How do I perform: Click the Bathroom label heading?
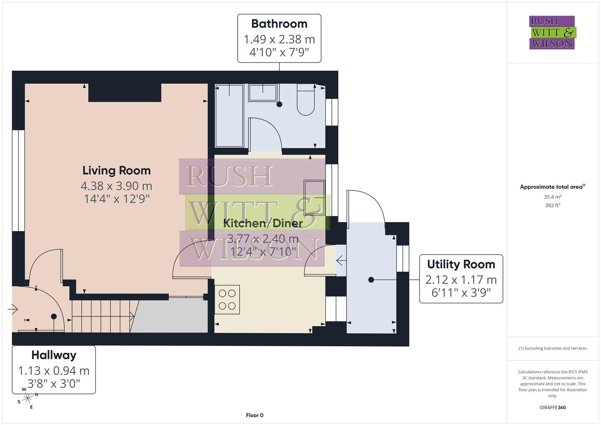279,24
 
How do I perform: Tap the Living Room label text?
117,170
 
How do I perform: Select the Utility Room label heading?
461,264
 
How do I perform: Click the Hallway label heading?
54,355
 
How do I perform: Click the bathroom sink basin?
263,92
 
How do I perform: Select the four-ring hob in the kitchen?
227,299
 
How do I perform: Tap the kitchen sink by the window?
314,198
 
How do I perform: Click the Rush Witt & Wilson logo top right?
552,32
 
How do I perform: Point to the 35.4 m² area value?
553,197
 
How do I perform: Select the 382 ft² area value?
553,205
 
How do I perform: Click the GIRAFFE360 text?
553,407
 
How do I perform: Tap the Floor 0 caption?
255,415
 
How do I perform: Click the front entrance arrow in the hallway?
13,309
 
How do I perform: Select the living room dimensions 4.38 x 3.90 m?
117,186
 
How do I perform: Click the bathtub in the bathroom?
229,115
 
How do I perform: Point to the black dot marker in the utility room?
371,280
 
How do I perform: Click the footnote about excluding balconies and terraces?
553,348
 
